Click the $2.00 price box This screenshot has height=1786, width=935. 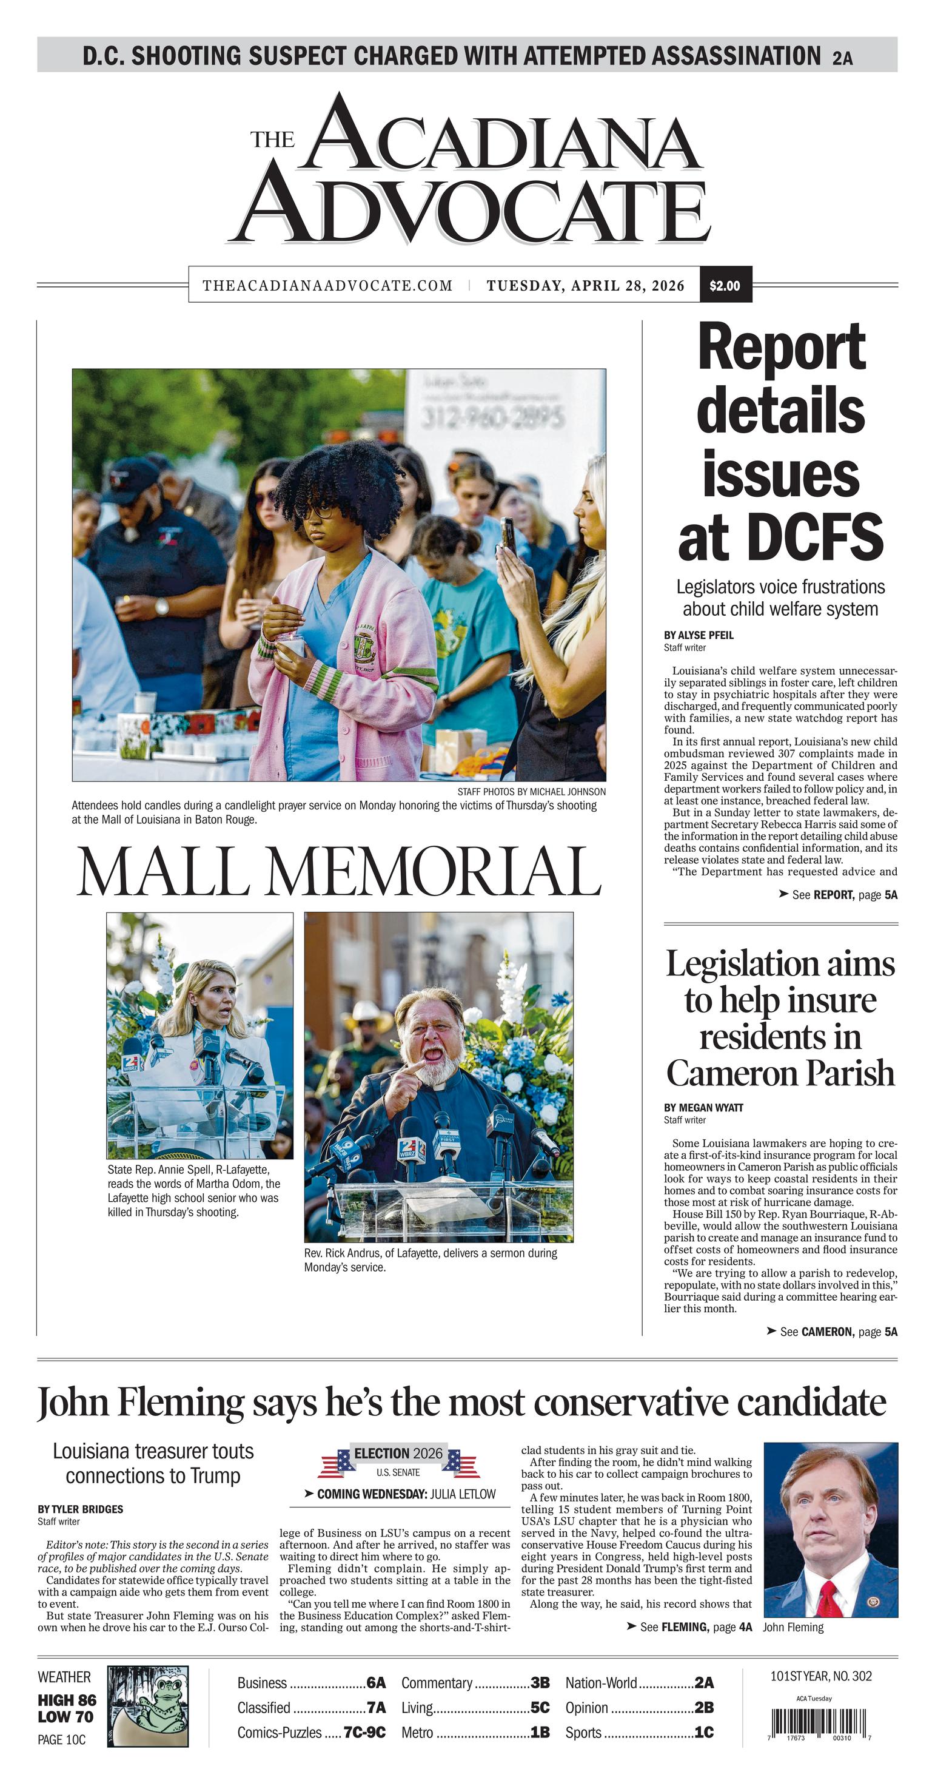(725, 285)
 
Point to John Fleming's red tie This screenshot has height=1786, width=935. (829, 1599)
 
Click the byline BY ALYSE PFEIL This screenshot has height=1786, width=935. (698, 635)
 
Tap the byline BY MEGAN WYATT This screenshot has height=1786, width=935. (703, 1107)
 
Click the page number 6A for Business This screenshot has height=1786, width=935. (376, 1683)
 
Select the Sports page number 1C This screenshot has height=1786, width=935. (703, 1733)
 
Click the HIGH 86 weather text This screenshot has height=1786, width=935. (67, 1700)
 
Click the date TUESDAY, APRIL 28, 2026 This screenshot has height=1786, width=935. (585, 286)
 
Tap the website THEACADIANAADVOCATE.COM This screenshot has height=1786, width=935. (327, 286)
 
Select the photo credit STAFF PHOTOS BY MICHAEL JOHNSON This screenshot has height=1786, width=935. (531, 792)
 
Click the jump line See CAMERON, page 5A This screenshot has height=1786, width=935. (832, 1332)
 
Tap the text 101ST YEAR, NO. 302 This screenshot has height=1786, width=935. (820, 1676)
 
